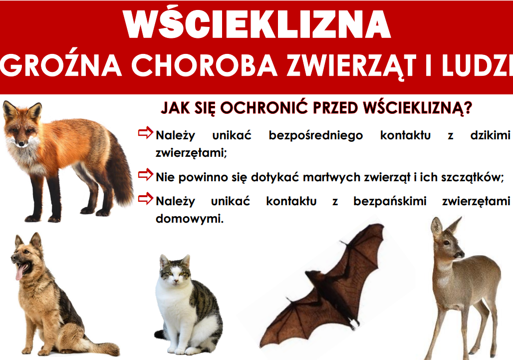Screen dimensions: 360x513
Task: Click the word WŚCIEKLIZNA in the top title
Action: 256,24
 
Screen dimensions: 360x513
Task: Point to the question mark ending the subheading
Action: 468,108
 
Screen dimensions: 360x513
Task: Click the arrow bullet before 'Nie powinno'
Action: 145,175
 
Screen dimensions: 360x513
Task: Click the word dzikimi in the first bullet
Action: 491,135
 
